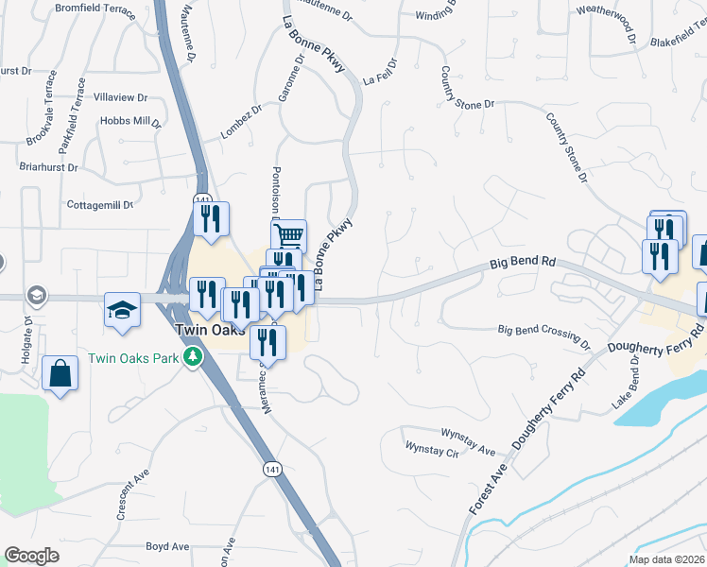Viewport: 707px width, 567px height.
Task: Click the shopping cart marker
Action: click(289, 234)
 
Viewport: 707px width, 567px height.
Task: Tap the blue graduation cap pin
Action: click(122, 311)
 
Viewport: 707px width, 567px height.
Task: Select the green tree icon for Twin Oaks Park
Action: click(193, 357)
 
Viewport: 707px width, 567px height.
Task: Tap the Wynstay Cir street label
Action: click(431, 447)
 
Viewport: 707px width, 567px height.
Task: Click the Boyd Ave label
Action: click(167, 546)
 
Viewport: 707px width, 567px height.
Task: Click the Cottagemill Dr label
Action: click(100, 204)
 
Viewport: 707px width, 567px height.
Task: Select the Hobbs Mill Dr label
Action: click(131, 122)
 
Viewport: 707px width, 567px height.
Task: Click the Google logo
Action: click(32, 556)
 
